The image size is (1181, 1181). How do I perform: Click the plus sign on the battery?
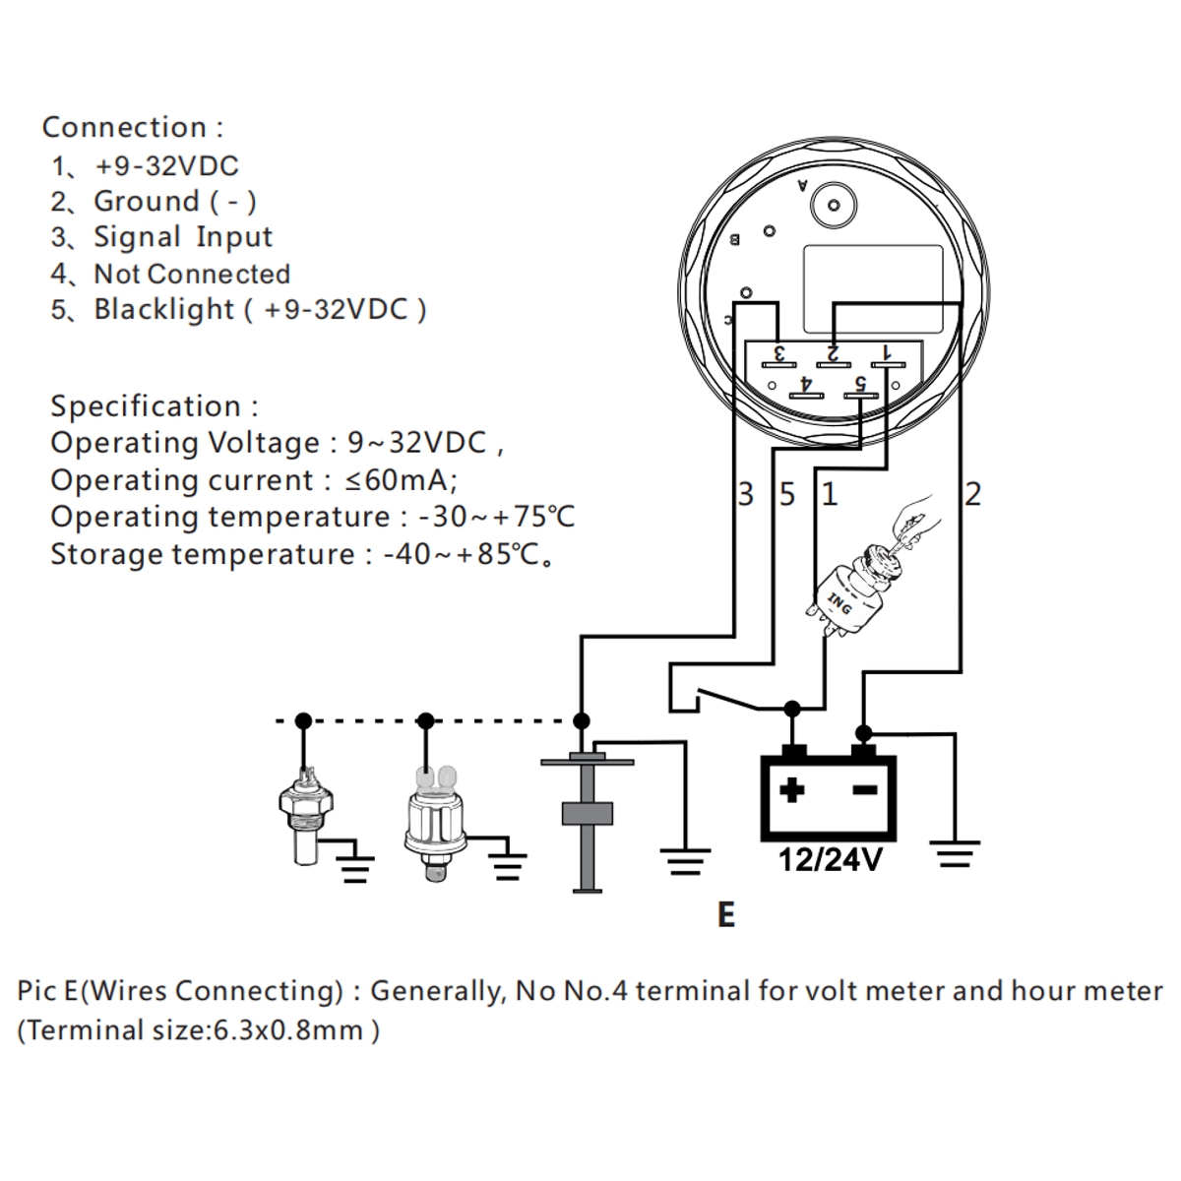[x=792, y=789]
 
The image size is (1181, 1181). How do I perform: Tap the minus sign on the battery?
[x=864, y=789]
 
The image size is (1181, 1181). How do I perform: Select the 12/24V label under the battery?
[x=830, y=861]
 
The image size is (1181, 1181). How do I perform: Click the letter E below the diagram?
[x=726, y=915]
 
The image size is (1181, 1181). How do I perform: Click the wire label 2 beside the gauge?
[x=973, y=494]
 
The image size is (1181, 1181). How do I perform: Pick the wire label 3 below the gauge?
[x=746, y=494]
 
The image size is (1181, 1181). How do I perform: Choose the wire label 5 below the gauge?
[x=787, y=494]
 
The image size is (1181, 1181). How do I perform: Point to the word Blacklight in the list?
[x=164, y=309]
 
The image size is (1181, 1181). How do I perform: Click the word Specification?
[x=146, y=406]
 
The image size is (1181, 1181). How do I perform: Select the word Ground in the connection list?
[x=147, y=202]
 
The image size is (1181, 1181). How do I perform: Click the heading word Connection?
[x=124, y=128]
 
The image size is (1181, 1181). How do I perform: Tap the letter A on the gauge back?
[x=803, y=185]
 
